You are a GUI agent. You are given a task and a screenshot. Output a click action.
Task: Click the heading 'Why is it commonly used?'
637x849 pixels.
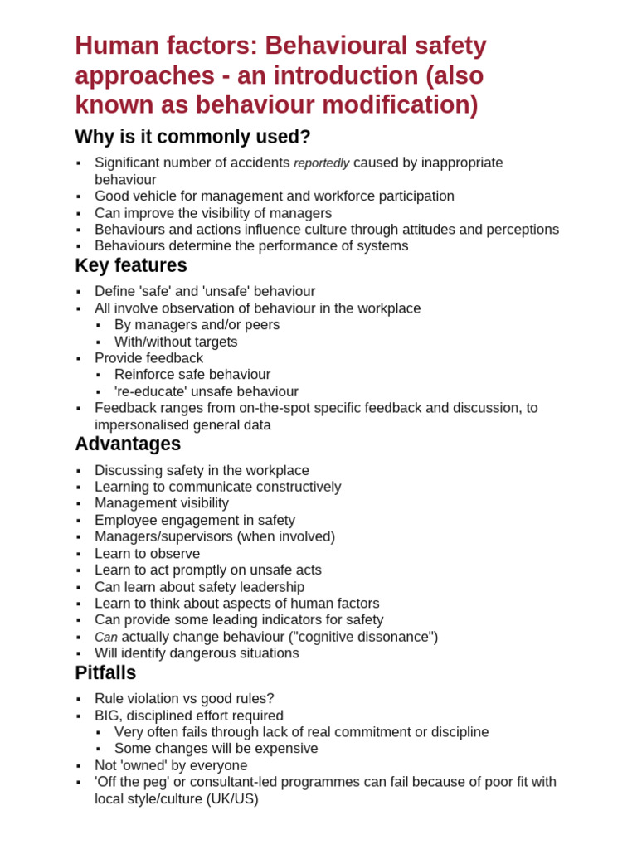coord(192,137)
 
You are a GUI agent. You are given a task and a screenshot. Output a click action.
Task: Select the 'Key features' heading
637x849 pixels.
coord(131,266)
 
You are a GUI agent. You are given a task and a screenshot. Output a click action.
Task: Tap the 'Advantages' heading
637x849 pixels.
coord(128,444)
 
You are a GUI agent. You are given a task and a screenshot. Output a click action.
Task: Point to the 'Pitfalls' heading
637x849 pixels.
coord(105,673)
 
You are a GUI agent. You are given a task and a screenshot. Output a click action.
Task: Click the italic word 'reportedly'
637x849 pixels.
coord(321,163)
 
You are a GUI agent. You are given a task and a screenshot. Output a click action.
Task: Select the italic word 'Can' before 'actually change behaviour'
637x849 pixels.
coord(106,638)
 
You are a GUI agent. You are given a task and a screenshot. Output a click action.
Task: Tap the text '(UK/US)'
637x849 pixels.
coord(232,799)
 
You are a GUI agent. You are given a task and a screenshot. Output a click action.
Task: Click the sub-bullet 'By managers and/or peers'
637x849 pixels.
coord(197,325)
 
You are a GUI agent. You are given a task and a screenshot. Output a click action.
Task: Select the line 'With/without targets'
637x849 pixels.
coord(176,342)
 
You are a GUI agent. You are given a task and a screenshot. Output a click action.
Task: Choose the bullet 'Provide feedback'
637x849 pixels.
coord(148,358)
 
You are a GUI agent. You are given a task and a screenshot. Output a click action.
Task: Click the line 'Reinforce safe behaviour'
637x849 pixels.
coord(192,375)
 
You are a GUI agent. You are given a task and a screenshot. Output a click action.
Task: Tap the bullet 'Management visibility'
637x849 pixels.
coord(162,503)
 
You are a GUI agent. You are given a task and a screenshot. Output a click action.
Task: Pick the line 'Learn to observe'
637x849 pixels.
coord(147,554)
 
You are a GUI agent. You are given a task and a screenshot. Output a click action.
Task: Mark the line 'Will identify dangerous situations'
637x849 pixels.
coord(197,653)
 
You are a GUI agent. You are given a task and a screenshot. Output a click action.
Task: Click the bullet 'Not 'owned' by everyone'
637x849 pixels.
coord(171,765)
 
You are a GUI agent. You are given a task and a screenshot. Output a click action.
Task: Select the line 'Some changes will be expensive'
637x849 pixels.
coord(216,749)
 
